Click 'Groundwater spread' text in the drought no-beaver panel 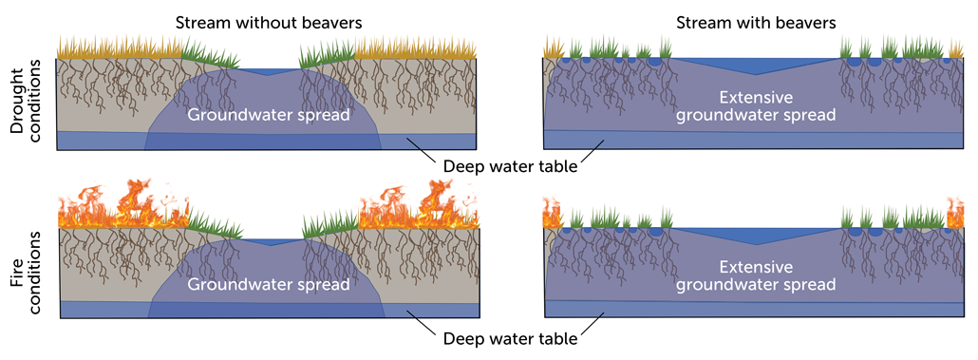(269, 115)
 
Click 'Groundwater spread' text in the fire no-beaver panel (269, 283)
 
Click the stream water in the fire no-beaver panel (270, 242)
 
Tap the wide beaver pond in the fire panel (751, 235)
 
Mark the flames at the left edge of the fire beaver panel (551, 214)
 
